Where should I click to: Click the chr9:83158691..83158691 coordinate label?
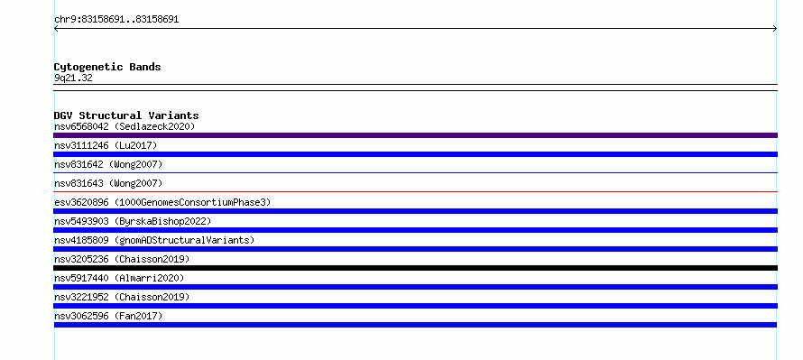(x=116, y=20)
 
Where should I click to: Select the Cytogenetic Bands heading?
(x=107, y=67)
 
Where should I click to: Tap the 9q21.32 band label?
(x=73, y=78)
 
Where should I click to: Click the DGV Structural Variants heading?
(x=126, y=115)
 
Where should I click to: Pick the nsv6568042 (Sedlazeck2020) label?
(x=125, y=126)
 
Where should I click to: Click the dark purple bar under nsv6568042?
(x=415, y=135)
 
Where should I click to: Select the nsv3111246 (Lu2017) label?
(x=106, y=145)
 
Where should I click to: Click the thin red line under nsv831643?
(x=415, y=191)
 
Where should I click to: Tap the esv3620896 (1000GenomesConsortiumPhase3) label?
(x=162, y=202)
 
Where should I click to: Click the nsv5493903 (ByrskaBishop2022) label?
(x=133, y=221)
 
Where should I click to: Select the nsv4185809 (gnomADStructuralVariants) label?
(x=154, y=240)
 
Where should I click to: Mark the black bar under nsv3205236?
(x=415, y=268)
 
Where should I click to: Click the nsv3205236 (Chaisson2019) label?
(x=122, y=259)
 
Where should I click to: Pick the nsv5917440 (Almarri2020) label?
(x=119, y=278)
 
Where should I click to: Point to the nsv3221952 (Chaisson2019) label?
(x=122, y=297)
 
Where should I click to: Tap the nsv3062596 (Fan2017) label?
(x=108, y=316)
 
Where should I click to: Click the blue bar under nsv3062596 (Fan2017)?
(x=415, y=325)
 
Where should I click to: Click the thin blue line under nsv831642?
(x=415, y=172)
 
